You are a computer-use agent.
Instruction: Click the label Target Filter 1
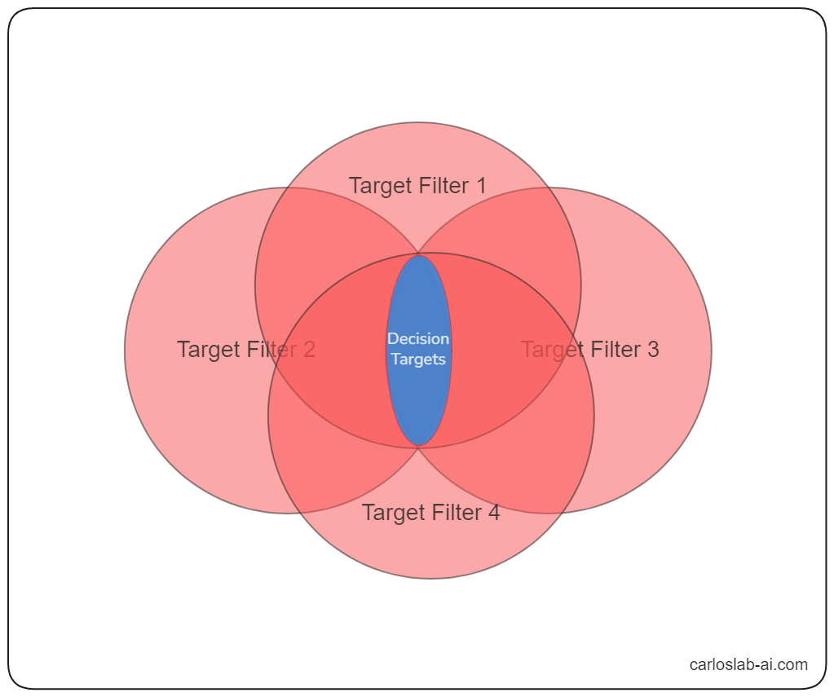click(x=417, y=186)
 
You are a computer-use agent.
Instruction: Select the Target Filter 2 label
click(x=246, y=350)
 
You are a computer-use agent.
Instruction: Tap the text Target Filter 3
click(x=589, y=350)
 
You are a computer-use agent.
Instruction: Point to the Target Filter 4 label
click(x=430, y=513)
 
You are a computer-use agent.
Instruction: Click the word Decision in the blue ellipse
click(x=418, y=339)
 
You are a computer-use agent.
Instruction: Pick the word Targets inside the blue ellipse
click(x=418, y=360)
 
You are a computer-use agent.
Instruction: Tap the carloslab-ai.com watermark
click(x=748, y=664)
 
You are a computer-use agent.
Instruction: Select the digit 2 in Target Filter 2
click(x=309, y=350)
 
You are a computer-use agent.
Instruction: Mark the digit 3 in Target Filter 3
click(x=652, y=350)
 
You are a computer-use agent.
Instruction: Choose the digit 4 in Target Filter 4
click(x=493, y=513)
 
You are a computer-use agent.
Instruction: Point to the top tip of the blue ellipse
click(x=418, y=257)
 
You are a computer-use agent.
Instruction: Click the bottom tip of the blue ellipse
click(x=418, y=445)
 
